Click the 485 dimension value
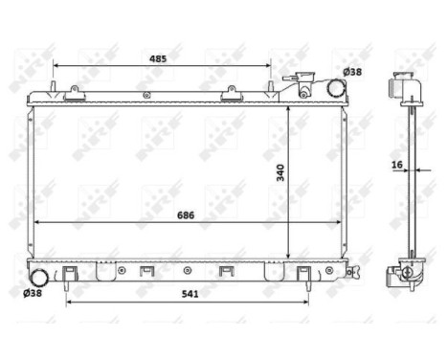click(x=158, y=58)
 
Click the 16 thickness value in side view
click(x=397, y=165)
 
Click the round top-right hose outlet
click(x=336, y=90)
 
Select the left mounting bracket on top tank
click(x=74, y=93)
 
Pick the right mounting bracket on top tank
click(x=232, y=93)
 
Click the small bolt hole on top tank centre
click(x=145, y=95)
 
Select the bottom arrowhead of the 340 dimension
click(x=290, y=252)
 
